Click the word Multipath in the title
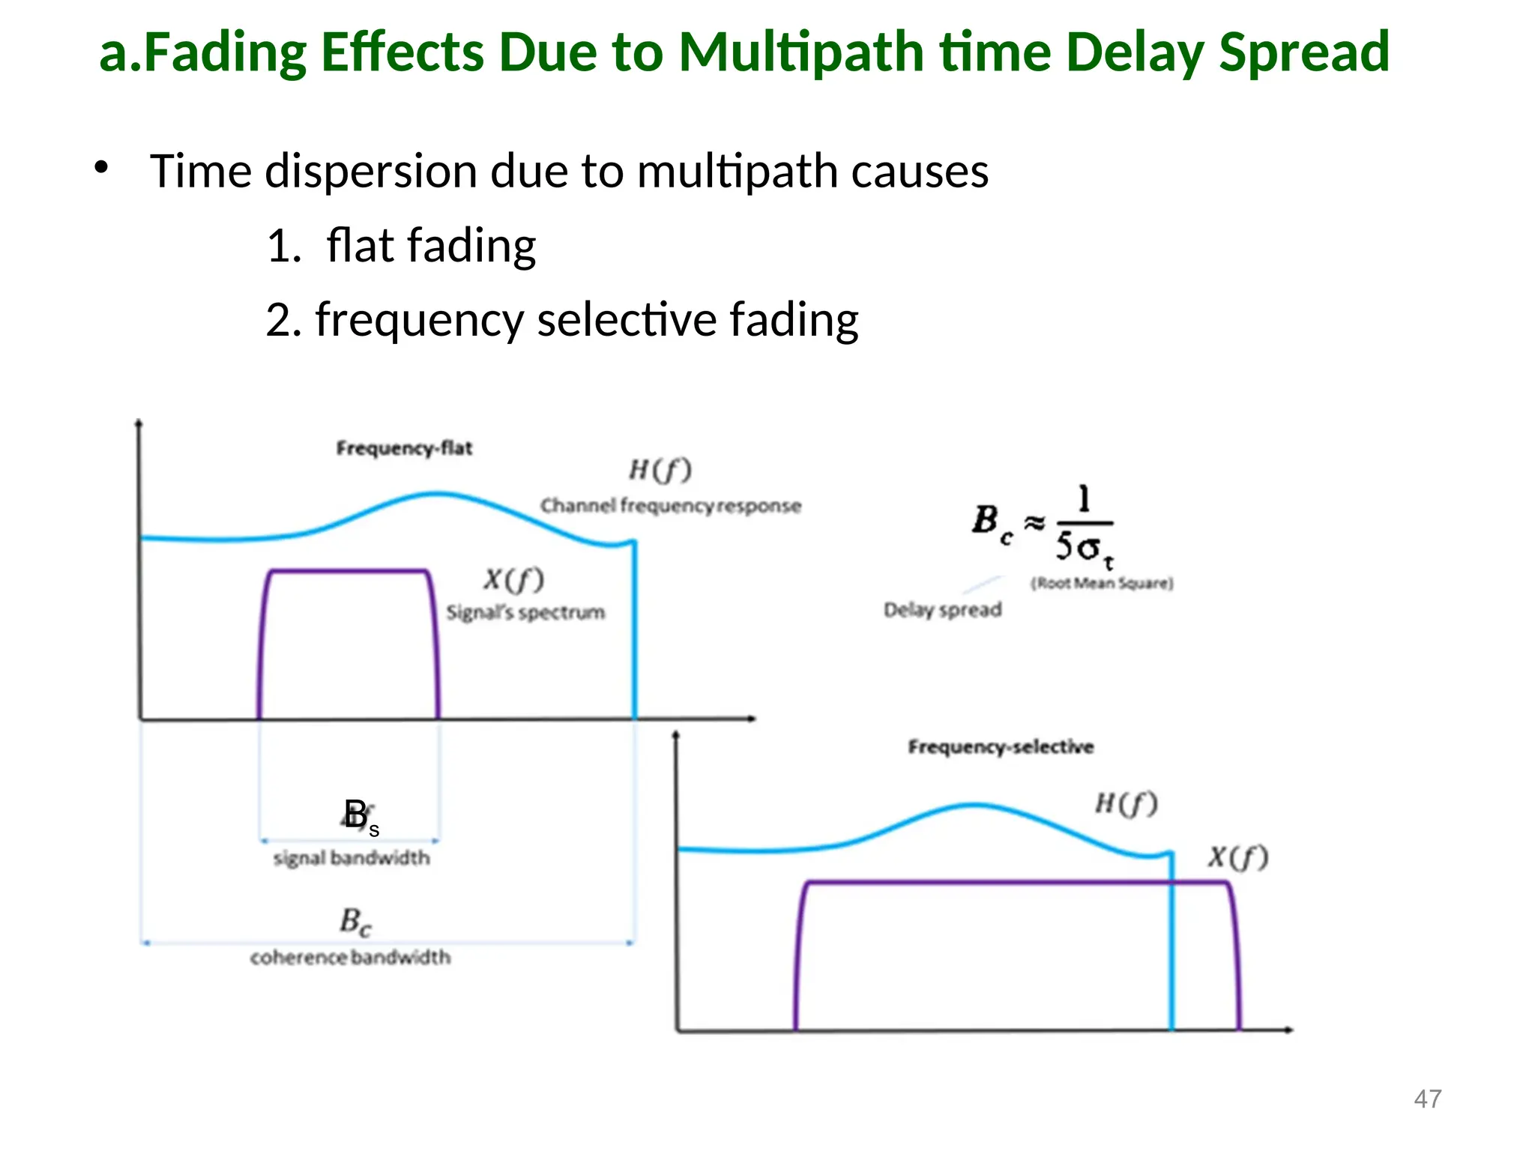pos(800,52)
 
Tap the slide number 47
pos(1427,1099)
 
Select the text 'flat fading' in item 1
pos(431,246)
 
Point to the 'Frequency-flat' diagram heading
pos(404,448)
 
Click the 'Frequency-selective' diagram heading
pos(1001,746)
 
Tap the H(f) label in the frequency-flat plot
pos(660,470)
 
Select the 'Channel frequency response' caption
pos(671,506)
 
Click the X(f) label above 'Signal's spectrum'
pos(513,579)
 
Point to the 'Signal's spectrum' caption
pos(525,612)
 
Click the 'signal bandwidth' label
pos(352,858)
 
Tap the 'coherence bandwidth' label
pos(351,958)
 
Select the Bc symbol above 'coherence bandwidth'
pos(355,922)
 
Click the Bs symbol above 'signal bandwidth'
pos(361,816)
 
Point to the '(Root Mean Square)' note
pos(1102,583)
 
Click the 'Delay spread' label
pos(943,610)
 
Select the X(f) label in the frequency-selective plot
pos(1238,857)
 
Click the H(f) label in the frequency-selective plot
pos(1127,804)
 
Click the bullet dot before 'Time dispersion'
pos(101,167)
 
